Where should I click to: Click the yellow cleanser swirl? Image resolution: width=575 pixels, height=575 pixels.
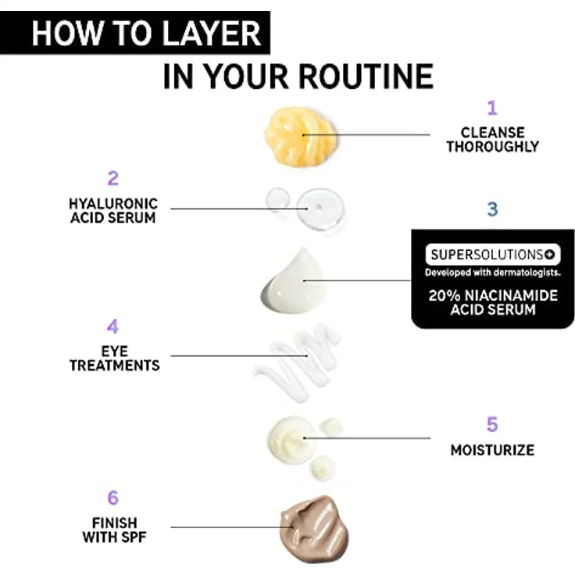point(300,137)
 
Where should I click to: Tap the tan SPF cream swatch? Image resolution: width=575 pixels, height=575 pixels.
point(313,529)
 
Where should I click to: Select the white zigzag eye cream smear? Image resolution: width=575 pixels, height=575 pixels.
point(297,362)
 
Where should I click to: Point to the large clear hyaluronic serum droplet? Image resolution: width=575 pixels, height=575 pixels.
point(320,209)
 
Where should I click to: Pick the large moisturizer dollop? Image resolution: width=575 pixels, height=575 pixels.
point(291,438)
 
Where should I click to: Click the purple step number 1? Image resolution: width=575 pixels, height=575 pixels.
point(492,108)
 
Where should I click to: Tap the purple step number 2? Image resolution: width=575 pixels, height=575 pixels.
point(113,179)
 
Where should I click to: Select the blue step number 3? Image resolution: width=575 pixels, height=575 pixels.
point(492,209)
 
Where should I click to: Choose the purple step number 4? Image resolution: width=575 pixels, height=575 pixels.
point(113,326)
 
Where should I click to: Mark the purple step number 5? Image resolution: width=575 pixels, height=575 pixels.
point(492,424)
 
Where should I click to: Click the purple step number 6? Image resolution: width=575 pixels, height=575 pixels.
point(113,498)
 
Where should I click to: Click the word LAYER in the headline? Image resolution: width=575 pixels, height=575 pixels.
point(211,34)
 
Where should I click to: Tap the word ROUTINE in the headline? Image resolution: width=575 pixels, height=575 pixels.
point(366,77)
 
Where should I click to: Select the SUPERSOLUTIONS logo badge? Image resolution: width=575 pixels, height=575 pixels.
point(493,254)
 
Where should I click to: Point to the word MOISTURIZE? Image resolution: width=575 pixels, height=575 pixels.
point(492,450)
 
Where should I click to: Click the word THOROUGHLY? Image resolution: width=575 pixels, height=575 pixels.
point(492,146)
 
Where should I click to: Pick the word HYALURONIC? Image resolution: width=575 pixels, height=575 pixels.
point(113,204)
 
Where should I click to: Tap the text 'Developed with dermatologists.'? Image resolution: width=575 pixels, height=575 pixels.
point(493,273)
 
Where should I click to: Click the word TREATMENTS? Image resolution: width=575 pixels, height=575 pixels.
point(115,366)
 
